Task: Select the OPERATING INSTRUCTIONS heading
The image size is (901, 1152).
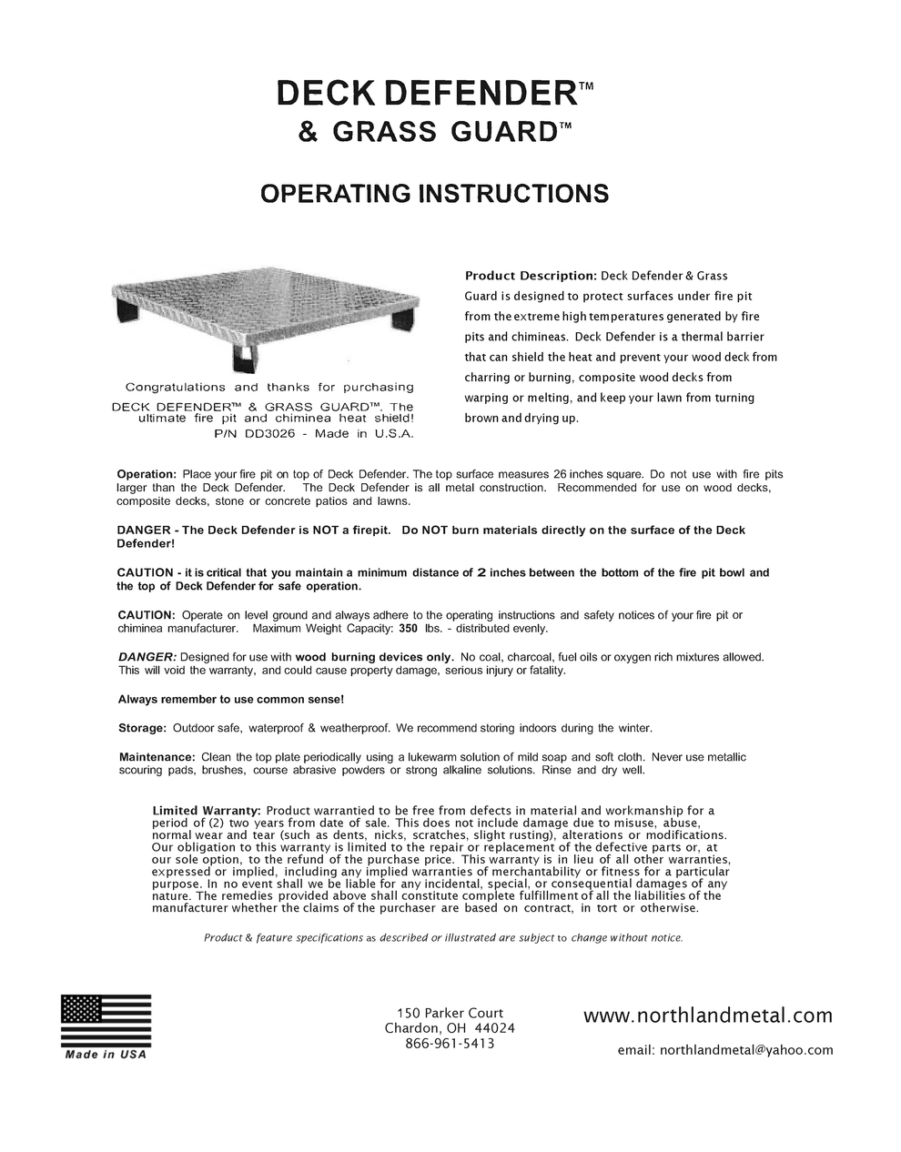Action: coord(434,193)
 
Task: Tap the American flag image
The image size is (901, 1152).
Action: coord(106,1020)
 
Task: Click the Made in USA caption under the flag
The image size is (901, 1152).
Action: coord(106,1055)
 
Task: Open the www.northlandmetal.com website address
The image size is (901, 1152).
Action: coord(707,1015)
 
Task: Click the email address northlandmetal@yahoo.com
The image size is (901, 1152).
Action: coord(725,1050)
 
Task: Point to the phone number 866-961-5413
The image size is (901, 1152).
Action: coord(450,1044)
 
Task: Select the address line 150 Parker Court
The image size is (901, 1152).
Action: coord(450,1013)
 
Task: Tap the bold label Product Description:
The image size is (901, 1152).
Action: coord(531,276)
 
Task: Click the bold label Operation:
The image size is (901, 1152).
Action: coord(147,475)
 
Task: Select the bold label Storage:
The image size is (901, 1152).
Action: coord(143,728)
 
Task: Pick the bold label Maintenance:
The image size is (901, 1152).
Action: coord(157,757)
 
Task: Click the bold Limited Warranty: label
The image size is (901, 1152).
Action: coord(207,810)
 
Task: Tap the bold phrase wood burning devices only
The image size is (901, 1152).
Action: coord(374,657)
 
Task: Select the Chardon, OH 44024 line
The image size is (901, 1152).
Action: coord(450,1028)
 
